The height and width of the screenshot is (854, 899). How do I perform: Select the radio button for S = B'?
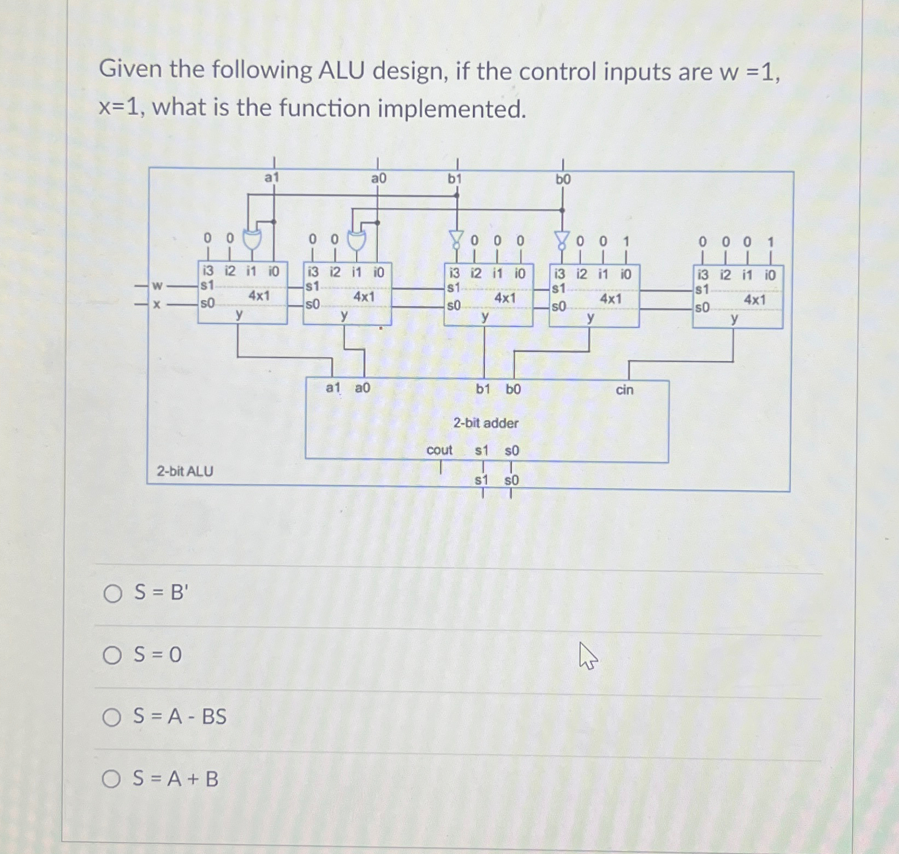113,593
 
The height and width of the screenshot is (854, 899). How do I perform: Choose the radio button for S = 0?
112,655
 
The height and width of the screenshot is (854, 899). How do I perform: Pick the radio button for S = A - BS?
112,717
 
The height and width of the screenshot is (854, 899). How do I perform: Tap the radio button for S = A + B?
111,779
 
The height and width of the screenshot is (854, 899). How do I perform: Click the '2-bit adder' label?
485,423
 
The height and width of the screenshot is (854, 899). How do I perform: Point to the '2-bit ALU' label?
184,471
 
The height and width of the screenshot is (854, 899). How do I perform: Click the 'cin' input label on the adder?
624,390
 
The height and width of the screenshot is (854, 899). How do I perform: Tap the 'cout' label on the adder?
439,450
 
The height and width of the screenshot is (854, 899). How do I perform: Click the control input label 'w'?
157,285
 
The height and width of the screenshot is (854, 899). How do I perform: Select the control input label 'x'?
157,304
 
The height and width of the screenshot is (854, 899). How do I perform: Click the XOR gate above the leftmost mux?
252,239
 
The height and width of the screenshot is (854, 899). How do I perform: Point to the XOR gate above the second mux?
356,240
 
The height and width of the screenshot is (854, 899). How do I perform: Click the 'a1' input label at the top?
271,177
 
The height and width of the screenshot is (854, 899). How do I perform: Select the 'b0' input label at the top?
563,179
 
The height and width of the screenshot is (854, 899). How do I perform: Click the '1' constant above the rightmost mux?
770,242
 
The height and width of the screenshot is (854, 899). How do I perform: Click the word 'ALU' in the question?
341,70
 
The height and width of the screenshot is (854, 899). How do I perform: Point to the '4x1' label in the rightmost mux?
755,300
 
